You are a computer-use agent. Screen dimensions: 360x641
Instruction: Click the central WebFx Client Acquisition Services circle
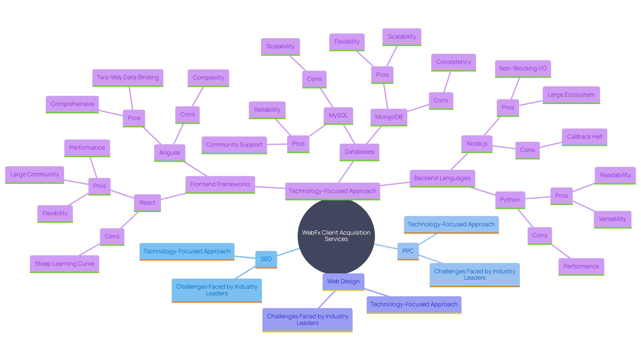coord(336,236)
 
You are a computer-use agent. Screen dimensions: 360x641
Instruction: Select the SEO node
coord(266,259)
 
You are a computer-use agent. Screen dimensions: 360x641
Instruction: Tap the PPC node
coord(408,251)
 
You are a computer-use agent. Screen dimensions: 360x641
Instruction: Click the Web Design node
coord(343,281)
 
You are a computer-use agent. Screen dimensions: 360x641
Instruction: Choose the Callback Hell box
coord(584,137)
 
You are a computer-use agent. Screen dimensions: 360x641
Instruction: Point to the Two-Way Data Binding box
coord(128,77)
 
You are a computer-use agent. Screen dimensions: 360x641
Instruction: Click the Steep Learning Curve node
coord(64,264)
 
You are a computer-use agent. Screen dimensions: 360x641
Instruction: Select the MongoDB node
coord(389,117)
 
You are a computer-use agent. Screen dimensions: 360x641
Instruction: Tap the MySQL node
coord(338,115)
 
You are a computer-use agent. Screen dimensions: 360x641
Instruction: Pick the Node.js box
coord(477,144)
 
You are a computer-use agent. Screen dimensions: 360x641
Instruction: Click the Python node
coord(510,200)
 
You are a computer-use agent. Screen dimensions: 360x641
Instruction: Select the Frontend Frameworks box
coord(220,184)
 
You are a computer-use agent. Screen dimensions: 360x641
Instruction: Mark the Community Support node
coord(234,145)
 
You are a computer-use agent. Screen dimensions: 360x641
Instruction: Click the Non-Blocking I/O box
coord(522,68)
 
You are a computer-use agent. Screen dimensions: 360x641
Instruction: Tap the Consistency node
coord(453,62)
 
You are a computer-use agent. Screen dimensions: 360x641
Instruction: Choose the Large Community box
coord(34,174)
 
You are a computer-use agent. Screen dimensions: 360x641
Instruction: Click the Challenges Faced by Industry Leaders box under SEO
coord(217,290)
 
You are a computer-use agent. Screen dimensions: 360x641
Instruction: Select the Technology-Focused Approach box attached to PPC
coord(451,224)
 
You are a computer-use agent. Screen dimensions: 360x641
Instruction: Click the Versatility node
coord(612,219)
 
